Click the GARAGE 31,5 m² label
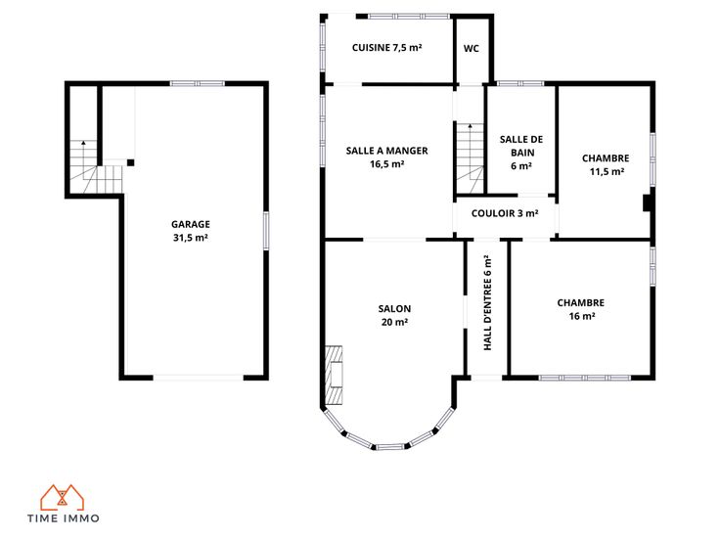point(191,231)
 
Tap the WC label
point(472,48)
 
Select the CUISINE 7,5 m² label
point(387,47)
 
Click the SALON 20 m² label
point(394,315)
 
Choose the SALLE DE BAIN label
point(521,153)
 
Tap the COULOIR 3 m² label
point(505,213)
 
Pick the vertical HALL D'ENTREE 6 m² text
point(487,303)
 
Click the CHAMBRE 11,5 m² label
point(606,164)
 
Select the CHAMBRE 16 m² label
point(581,309)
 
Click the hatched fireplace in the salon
point(334,375)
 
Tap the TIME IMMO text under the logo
point(64,518)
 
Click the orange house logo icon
point(63,498)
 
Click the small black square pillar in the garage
point(130,162)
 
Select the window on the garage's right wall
point(266,231)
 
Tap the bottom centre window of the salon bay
point(390,446)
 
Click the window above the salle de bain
point(520,83)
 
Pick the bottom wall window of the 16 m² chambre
point(585,378)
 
